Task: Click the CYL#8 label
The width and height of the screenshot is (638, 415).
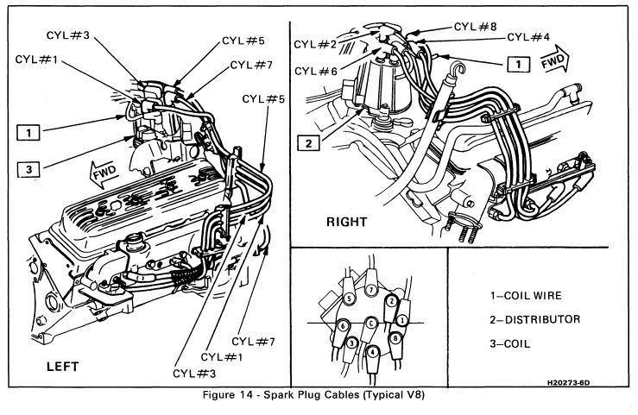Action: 475,27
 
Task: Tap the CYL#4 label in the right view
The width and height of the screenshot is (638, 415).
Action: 528,37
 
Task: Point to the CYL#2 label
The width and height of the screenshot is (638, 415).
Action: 315,44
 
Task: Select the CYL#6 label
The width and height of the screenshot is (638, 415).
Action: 316,72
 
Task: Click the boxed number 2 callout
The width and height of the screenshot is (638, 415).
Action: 309,143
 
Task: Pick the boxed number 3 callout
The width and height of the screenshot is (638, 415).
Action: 28,169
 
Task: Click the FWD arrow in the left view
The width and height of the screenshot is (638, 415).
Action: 104,173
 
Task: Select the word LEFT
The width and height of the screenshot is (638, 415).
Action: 63,367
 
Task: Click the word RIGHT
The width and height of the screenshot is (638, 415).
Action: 347,222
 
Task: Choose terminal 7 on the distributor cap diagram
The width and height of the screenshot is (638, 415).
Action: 370,290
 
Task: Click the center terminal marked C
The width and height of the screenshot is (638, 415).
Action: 370,324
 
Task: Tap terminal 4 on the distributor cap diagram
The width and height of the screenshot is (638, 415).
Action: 372,352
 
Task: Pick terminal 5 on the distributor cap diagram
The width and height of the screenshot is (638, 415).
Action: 349,299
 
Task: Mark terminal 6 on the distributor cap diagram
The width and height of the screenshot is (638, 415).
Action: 343,326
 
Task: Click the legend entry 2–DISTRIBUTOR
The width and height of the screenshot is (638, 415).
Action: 534,320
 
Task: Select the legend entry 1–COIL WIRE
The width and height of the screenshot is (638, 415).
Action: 526,295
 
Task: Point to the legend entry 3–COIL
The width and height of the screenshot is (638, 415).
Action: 510,344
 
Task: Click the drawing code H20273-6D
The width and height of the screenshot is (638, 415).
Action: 568,382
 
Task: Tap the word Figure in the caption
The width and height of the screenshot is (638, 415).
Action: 219,395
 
